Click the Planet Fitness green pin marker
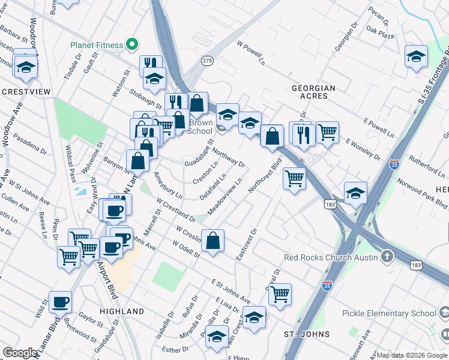(x=129, y=44)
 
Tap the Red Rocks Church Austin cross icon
(x=388, y=257)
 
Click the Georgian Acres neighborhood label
(x=313, y=92)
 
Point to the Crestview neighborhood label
(x=25, y=92)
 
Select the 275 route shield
(x=208, y=61)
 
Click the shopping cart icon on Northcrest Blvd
(x=294, y=178)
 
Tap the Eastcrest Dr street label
(x=246, y=244)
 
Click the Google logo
(x=20, y=353)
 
